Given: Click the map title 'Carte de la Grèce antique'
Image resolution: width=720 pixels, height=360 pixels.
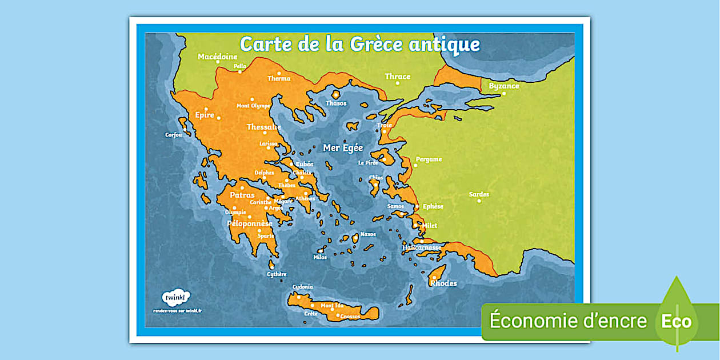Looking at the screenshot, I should tap(359, 44).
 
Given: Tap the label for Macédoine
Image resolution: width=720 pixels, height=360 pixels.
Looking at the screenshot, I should tap(217, 57).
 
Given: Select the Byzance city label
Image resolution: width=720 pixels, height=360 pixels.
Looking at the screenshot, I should tap(504, 86).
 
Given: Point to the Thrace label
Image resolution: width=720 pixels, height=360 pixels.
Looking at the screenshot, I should tap(397, 77).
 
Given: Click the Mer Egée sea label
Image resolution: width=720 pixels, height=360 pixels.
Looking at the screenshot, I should tap(343, 148).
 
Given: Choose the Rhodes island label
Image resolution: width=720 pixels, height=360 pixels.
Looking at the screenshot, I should tap(443, 283).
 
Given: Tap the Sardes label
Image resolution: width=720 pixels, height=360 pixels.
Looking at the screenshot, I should tap(479, 194).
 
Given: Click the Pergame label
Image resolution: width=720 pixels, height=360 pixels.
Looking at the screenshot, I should tap(429, 159).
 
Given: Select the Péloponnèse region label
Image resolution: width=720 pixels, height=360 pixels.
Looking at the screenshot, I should tap(250, 223).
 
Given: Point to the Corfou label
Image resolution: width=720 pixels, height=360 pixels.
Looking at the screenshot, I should tap(174, 135).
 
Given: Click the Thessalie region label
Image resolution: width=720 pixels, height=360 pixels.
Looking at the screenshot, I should tap(264, 127).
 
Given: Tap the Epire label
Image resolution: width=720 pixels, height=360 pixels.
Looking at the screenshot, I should tap(205, 115).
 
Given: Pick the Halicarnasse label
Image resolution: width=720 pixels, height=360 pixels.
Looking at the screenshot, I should tap(422, 247).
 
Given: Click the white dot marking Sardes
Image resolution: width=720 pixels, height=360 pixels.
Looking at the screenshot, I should tap(479, 201).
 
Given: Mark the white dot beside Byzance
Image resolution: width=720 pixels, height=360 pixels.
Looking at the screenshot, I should tap(503, 94).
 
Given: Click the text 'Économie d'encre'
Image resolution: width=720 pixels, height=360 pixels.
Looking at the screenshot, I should tap(568, 321).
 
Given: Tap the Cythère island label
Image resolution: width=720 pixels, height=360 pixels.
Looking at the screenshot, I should tap(277, 274).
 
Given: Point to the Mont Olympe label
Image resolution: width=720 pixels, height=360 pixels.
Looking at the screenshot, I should tap(253, 106).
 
